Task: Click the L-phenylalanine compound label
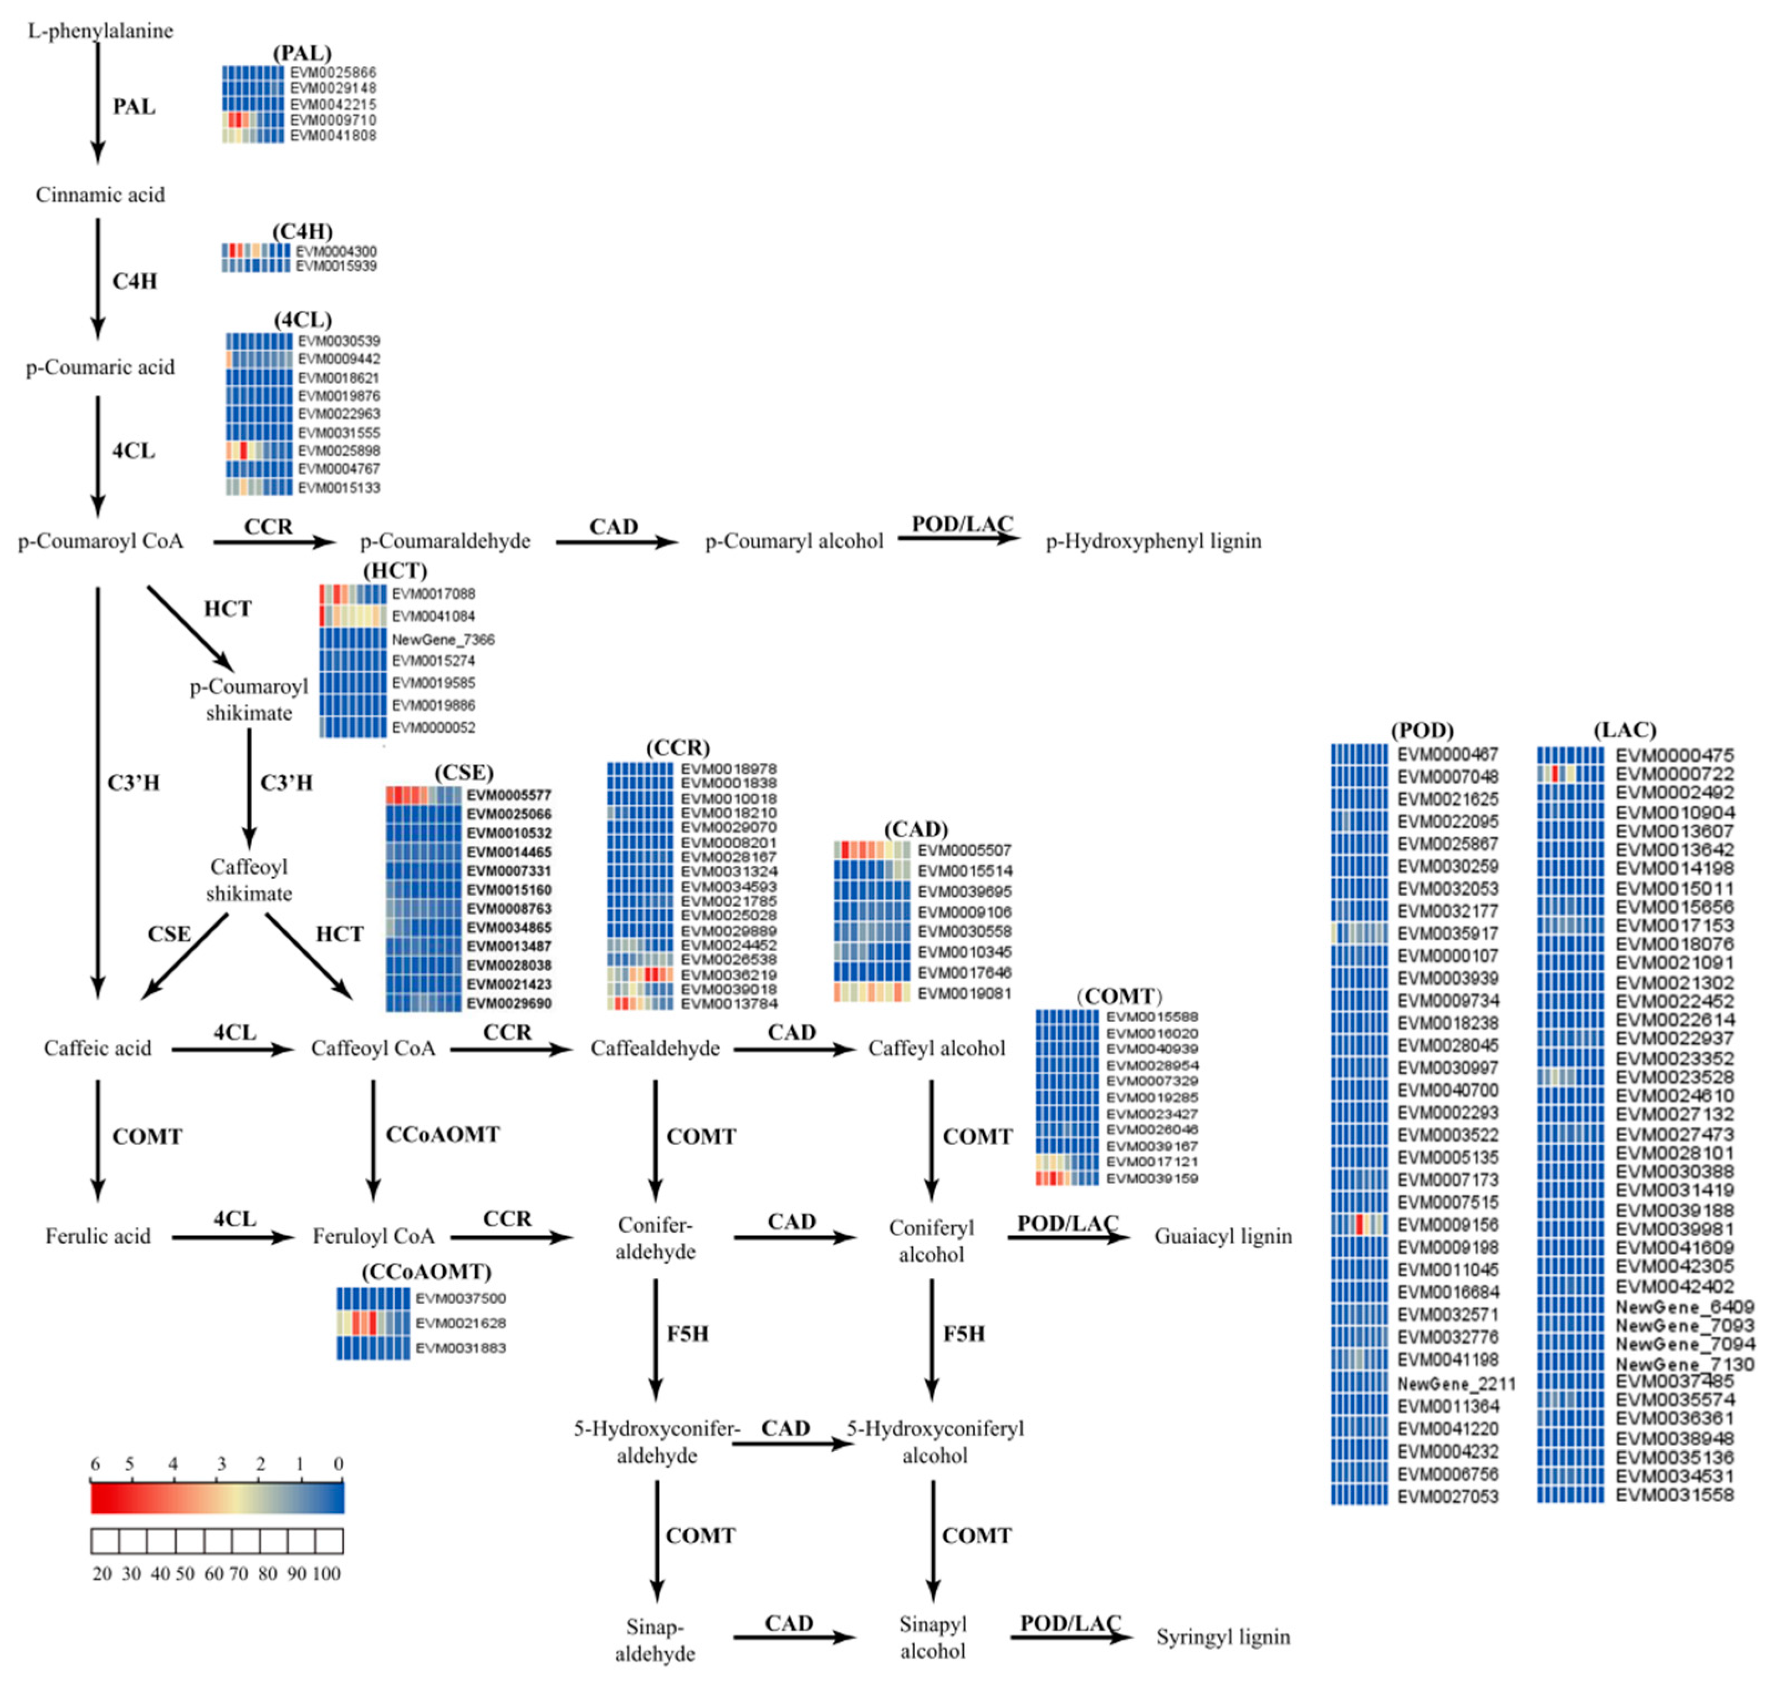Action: tap(100, 30)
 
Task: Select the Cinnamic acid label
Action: tap(100, 195)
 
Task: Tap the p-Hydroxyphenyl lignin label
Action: tap(1153, 541)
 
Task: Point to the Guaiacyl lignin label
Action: tap(1222, 1236)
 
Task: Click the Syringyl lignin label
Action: tap(1222, 1636)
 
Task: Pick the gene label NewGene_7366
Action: tap(442, 639)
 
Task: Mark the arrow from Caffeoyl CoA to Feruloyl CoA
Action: tap(374, 1140)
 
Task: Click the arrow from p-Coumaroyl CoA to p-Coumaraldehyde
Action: tap(274, 541)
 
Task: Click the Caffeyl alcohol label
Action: tap(936, 1048)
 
